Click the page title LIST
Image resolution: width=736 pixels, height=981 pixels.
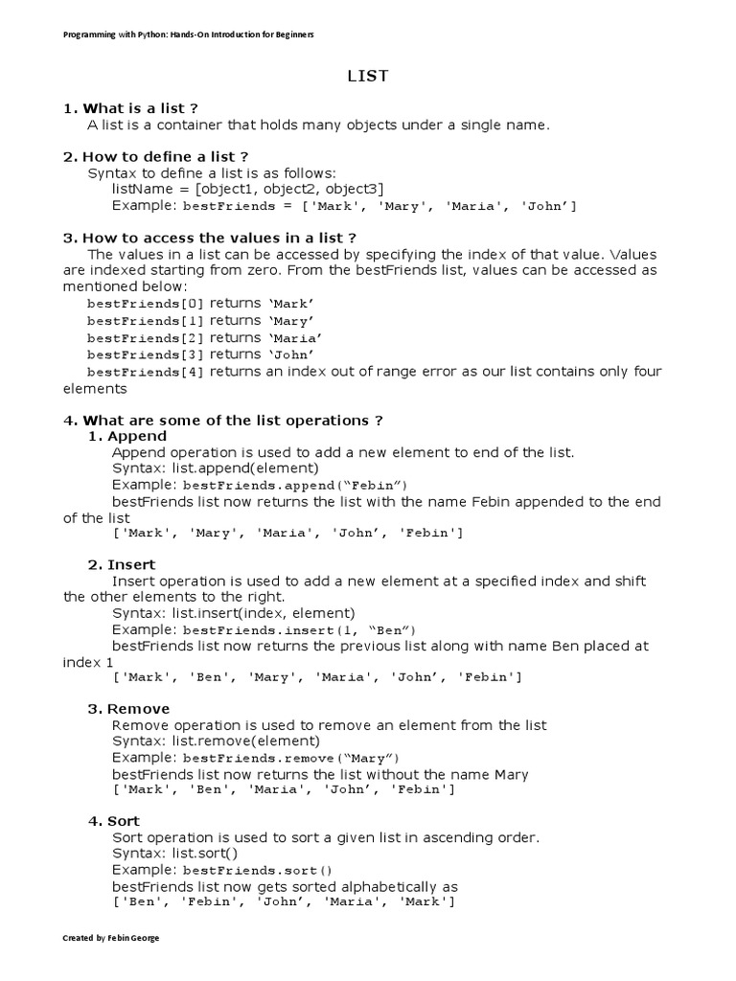coord(368,77)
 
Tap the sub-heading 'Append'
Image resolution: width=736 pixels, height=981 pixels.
coord(136,436)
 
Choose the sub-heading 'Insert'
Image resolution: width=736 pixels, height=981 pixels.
coord(131,565)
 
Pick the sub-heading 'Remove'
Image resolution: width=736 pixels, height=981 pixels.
coord(138,709)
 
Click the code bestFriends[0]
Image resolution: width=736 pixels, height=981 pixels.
coord(146,304)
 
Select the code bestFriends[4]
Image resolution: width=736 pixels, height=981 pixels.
coord(146,373)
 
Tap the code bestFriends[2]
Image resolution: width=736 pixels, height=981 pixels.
coord(146,338)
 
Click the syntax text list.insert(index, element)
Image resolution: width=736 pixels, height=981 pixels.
coord(234,613)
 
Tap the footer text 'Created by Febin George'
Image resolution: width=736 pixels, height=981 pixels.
coord(111,938)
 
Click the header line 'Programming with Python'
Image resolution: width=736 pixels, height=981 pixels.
coord(189,34)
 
